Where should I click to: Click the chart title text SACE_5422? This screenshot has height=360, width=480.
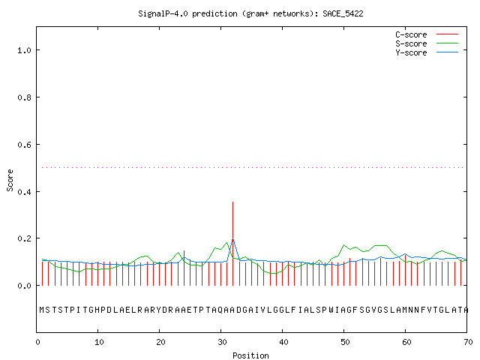click(x=343, y=13)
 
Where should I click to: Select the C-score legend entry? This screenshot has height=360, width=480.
click(x=427, y=34)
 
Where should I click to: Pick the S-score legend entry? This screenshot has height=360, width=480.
click(x=427, y=43)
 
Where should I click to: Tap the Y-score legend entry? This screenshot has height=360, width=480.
click(x=427, y=52)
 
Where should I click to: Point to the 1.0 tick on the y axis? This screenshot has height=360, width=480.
click(x=24, y=50)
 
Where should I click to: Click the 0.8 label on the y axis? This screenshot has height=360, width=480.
click(x=24, y=97)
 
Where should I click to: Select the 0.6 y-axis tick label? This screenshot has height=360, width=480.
click(x=24, y=145)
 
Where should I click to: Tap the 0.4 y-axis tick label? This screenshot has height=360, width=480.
click(x=24, y=192)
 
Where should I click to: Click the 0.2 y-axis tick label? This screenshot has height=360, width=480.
click(x=24, y=238)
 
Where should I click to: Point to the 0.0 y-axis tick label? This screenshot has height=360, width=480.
click(x=24, y=286)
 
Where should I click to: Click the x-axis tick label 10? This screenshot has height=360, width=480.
click(x=99, y=342)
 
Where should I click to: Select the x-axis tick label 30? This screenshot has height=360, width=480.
click(x=222, y=342)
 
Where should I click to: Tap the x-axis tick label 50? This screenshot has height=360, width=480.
click(x=345, y=342)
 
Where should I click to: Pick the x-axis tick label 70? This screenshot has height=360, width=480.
click(x=468, y=342)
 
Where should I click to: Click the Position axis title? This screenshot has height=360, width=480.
click(x=250, y=355)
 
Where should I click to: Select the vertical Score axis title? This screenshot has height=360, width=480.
click(x=10, y=180)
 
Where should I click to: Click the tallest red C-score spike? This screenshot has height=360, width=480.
click(x=233, y=244)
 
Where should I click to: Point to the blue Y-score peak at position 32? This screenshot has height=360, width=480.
click(x=233, y=239)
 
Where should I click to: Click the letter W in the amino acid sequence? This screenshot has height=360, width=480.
click(x=331, y=310)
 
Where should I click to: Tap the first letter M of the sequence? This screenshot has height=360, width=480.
click(x=42, y=310)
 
